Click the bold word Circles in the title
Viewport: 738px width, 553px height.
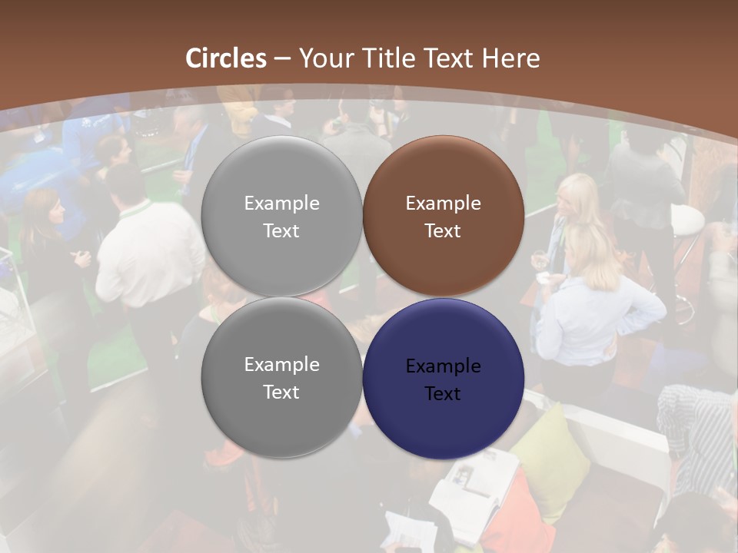pos(226,58)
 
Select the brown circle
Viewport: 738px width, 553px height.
pos(444,216)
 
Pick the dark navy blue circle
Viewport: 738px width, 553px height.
pos(444,379)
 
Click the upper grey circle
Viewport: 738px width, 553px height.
pos(281,216)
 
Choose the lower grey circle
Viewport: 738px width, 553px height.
pos(281,377)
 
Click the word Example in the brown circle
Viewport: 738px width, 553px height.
pos(443,204)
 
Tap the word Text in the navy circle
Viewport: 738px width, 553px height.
pos(443,394)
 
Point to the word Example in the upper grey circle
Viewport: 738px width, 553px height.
pos(281,204)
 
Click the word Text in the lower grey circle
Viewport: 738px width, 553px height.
pos(281,392)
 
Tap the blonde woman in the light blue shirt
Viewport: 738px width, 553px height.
pos(592,300)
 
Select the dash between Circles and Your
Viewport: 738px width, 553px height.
pos(282,58)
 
